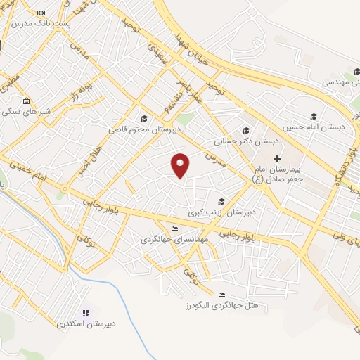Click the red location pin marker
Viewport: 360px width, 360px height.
tap(181, 165)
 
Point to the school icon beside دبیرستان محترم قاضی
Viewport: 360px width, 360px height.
tap(145, 118)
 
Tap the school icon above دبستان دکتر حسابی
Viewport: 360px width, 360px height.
tap(245, 130)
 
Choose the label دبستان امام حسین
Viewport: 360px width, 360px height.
tap(314, 127)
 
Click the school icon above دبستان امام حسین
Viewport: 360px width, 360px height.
tap(313, 116)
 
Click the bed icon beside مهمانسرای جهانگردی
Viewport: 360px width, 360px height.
tap(174, 229)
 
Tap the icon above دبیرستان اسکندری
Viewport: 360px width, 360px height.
tap(86, 313)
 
